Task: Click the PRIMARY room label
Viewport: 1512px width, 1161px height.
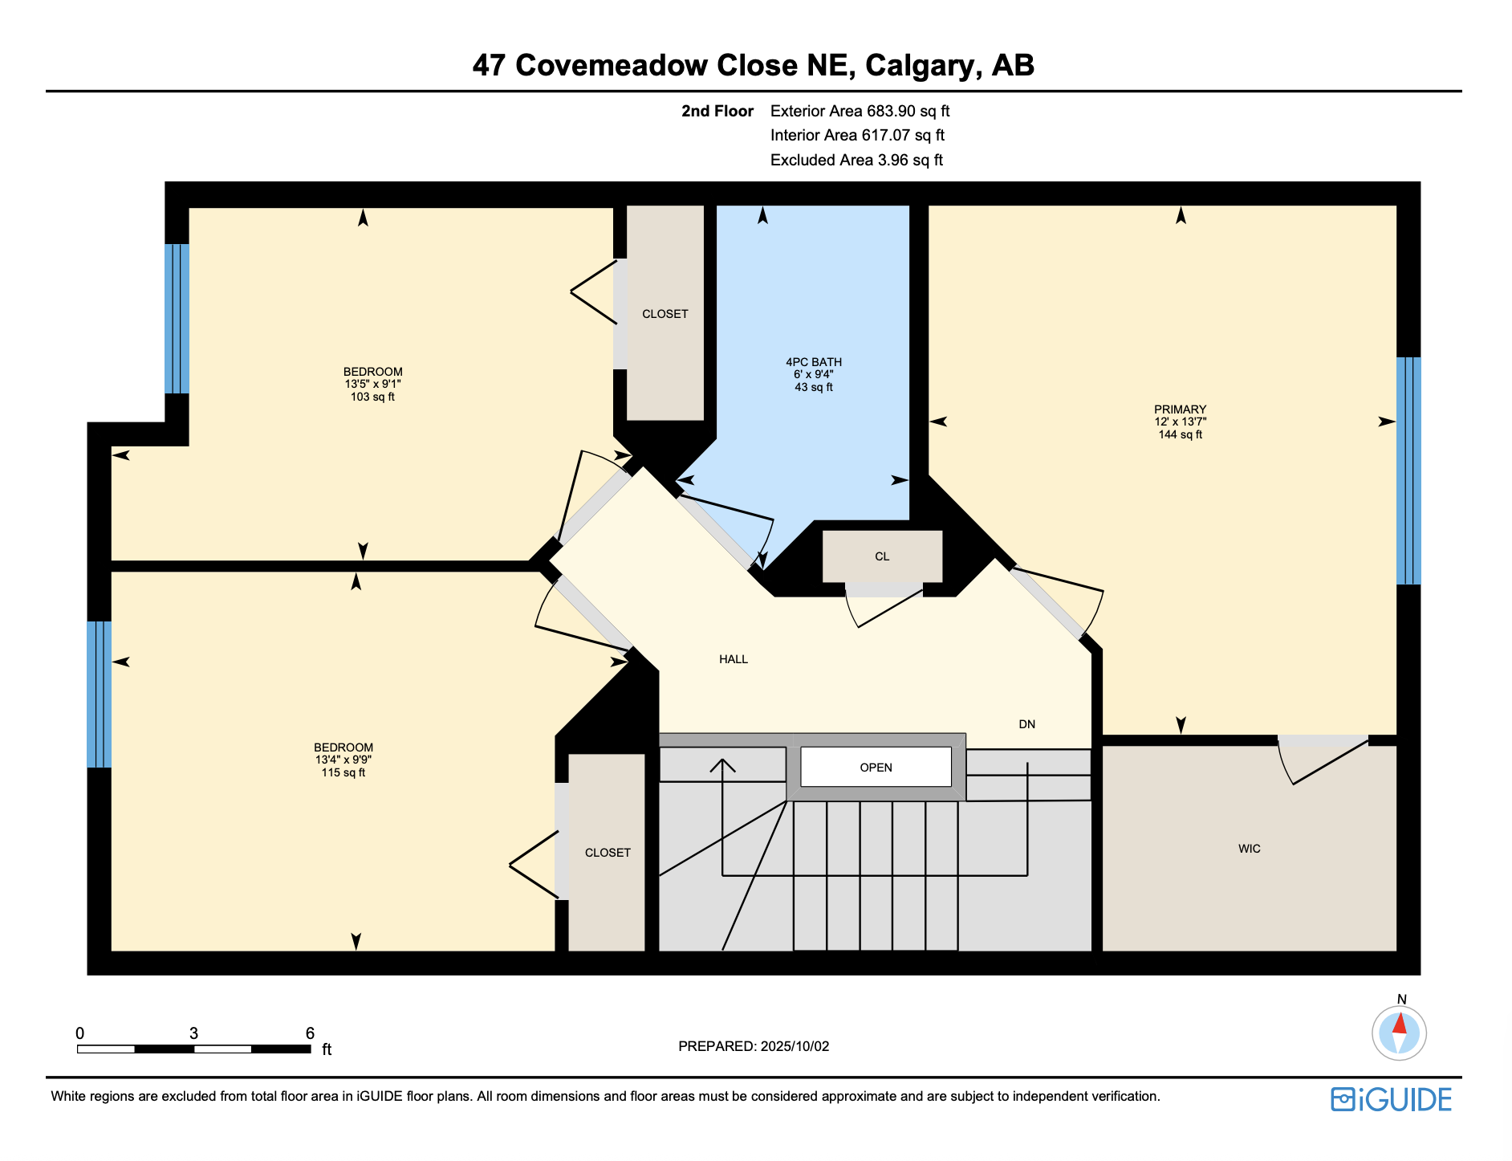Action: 1180,409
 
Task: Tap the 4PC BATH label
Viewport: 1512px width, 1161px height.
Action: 814,362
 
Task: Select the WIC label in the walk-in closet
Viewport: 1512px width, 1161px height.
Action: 1250,849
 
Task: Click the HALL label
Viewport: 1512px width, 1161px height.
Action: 734,659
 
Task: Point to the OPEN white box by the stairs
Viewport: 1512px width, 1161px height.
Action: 876,768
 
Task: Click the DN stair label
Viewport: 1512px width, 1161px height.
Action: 1027,724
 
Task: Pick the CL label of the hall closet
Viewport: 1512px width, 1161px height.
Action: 882,556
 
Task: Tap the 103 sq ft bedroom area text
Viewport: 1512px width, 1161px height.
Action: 372,397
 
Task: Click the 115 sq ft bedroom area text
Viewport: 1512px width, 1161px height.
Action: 343,772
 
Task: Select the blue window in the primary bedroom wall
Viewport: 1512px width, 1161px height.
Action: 1408,471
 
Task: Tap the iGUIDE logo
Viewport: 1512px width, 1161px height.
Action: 1391,1099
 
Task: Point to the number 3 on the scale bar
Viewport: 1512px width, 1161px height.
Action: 193,1033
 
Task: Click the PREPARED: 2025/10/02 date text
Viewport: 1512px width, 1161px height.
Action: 754,1046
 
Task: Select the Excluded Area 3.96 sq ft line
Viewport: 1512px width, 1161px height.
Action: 856,160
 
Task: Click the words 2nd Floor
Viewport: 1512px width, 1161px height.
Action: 717,111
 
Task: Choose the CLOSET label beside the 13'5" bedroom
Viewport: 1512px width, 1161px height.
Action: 665,314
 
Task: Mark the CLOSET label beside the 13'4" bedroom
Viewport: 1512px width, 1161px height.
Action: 608,853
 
